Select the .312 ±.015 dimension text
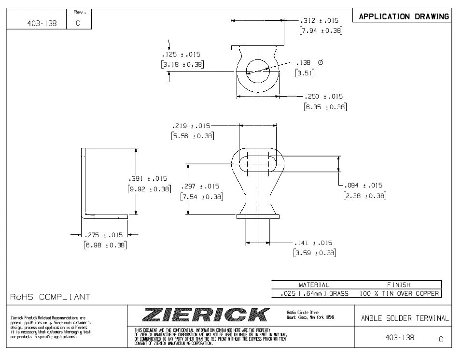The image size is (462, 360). click(319, 21)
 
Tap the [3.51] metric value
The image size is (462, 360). click(305, 73)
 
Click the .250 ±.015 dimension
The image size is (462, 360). click(325, 97)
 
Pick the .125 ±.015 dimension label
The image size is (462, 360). click(181, 55)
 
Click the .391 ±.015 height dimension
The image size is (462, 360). click(148, 179)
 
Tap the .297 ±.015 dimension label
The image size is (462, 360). click(200, 187)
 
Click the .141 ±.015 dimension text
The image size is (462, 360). click(313, 243)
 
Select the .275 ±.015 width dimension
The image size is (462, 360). click(103, 235)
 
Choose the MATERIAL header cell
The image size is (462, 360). click(314, 285)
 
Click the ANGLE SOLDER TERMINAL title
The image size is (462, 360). click(405, 318)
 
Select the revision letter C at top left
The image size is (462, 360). click(77, 23)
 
